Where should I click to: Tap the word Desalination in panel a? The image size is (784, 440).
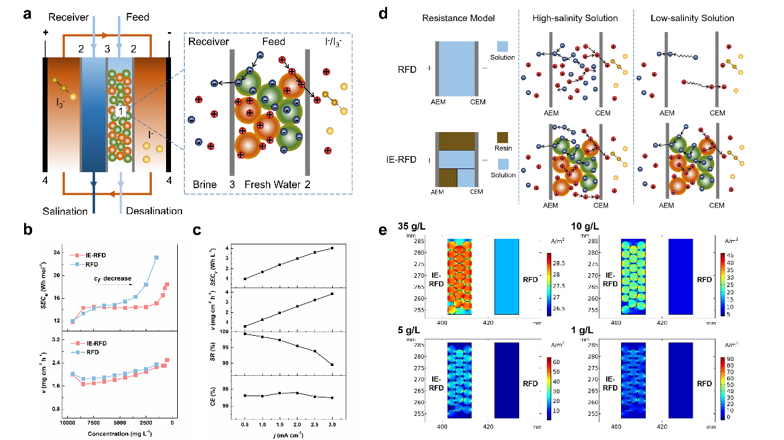point(154,211)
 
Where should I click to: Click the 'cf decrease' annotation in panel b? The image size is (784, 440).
point(114,278)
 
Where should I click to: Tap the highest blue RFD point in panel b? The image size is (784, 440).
point(157,257)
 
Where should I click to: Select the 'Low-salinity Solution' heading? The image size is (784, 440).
point(692,18)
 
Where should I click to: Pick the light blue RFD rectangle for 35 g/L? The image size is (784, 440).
point(506,276)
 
